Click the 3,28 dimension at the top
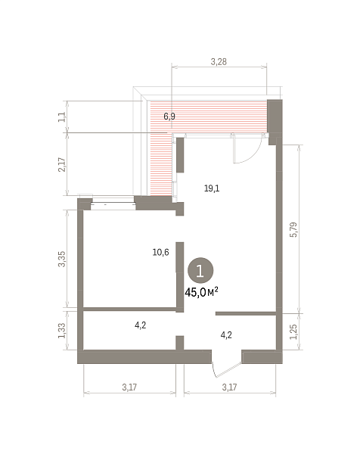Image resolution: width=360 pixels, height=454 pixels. (219, 62)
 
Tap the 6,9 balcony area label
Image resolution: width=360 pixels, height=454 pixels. (169, 117)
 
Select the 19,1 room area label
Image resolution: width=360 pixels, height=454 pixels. (212, 188)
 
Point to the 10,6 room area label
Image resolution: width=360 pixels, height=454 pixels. (160, 252)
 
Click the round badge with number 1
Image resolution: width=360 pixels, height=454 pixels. (200, 271)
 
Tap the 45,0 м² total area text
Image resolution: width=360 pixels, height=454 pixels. (201, 292)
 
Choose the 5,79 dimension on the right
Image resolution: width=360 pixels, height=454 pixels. (293, 229)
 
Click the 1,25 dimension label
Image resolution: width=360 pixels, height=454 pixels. (293, 331)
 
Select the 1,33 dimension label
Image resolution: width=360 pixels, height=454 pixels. (62, 331)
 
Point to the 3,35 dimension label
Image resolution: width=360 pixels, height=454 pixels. (62, 259)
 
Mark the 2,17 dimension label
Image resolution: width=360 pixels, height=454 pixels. (62, 164)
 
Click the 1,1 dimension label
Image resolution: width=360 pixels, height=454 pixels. (62, 117)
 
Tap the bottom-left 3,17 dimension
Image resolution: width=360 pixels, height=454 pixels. (129, 387)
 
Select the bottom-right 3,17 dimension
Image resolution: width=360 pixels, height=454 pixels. (229, 387)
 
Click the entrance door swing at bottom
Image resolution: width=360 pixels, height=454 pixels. (226, 370)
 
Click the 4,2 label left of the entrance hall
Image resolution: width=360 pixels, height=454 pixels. (141, 325)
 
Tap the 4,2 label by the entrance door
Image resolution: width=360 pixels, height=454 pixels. (226, 335)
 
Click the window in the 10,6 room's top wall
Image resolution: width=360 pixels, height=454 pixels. (113, 205)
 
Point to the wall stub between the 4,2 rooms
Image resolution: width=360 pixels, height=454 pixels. (180, 343)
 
